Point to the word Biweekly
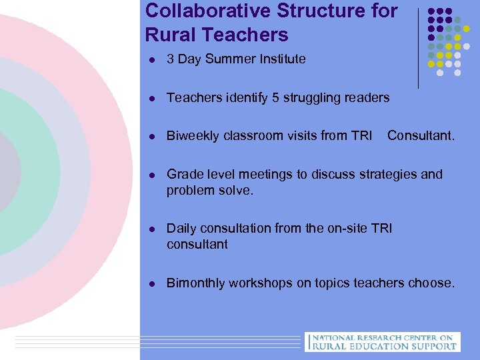pyautogui.click(x=193, y=137)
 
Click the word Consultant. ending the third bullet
pyautogui.click(x=421, y=137)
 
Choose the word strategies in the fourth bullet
pyautogui.click(x=389, y=175)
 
